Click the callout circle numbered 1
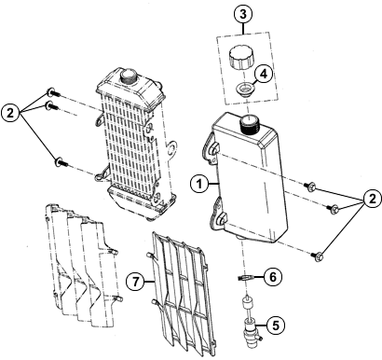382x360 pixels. pos(199,185)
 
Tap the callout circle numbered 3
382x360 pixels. pos(243,14)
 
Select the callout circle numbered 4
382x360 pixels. pos(264,74)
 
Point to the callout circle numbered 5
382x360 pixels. pos(276,325)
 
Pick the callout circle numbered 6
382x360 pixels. pos(272,276)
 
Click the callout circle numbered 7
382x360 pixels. pos(135,282)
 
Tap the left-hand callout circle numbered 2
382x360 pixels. pos(10,113)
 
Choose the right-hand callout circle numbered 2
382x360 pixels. pos(372,199)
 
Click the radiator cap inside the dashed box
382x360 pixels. pos(241,58)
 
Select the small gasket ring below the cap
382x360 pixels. pos(244,90)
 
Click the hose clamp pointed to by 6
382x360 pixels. pos(245,278)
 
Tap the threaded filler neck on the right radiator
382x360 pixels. pos(249,123)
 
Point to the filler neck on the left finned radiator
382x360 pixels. pos(128,76)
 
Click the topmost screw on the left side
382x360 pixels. pos(53,92)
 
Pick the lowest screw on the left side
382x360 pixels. pos(61,162)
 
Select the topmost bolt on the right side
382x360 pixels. pos(310,187)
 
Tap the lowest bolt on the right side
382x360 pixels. pos(318,256)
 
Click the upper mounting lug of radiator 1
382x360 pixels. pos(211,149)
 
